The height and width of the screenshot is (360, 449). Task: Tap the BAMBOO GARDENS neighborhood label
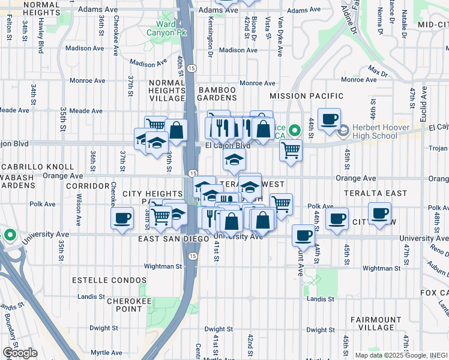(x=217, y=93)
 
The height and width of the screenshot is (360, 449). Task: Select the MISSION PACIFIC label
(x=306, y=96)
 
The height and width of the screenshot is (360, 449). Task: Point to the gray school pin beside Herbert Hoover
(x=343, y=130)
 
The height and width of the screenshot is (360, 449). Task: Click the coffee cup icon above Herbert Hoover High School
(x=328, y=118)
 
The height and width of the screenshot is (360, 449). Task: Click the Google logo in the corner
(x=19, y=353)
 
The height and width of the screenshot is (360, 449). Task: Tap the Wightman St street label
(x=163, y=266)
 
